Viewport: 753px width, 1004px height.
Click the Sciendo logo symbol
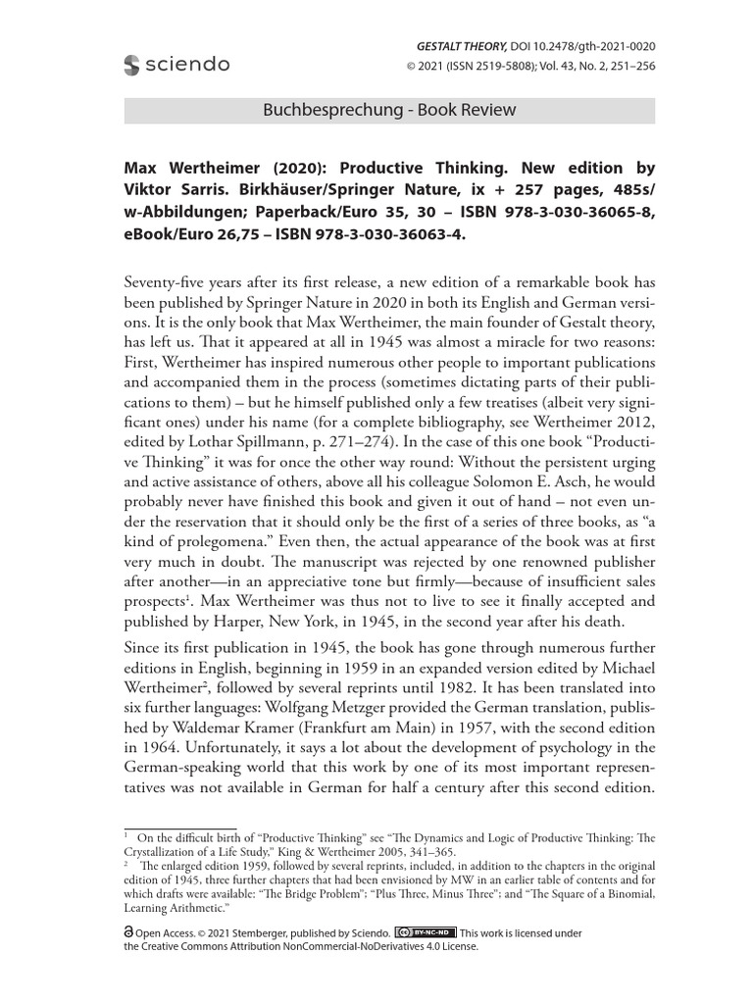coord(132,66)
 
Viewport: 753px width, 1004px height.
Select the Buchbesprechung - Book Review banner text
coord(389,110)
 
